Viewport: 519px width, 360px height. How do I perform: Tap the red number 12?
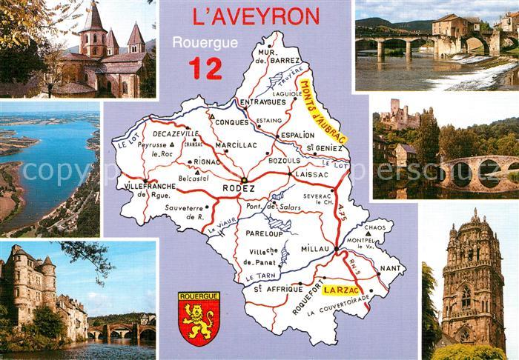pyautogui.click(x=205, y=67)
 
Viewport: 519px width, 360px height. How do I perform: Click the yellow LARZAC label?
pyautogui.click(x=337, y=284)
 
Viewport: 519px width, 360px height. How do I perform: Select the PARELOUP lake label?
pyautogui.click(x=263, y=232)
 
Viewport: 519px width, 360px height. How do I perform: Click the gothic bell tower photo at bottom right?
pyautogui.click(x=472, y=281)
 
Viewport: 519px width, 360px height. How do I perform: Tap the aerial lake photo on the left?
pyautogui.click(x=50, y=169)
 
